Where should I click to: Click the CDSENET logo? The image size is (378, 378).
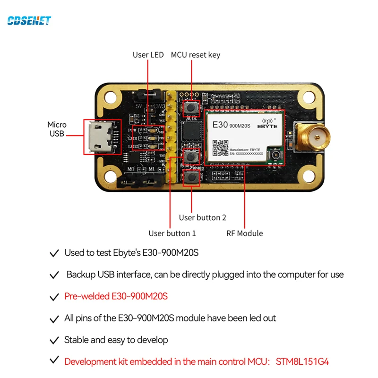(x=29, y=20)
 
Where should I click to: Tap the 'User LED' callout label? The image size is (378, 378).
(x=148, y=55)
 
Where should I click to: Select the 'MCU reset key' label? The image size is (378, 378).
(x=195, y=55)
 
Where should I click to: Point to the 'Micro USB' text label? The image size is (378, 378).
(x=57, y=129)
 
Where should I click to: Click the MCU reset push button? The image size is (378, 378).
(x=192, y=108)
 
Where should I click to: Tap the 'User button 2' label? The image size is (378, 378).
(x=202, y=217)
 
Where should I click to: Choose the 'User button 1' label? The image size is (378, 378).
(x=172, y=233)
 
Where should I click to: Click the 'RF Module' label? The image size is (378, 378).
(x=244, y=233)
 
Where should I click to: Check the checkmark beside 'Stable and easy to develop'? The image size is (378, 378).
(x=54, y=340)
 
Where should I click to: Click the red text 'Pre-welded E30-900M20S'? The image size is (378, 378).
(x=116, y=297)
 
